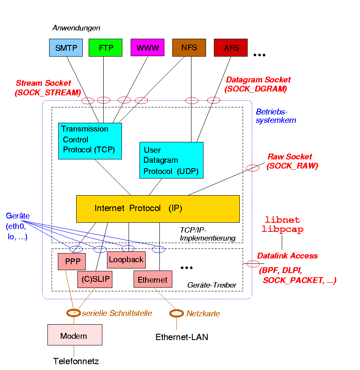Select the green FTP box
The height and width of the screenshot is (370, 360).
(x=105, y=47)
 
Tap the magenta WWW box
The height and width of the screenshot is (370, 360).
(x=147, y=47)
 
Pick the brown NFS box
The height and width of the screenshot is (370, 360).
(x=189, y=47)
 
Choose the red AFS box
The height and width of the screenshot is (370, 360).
(x=231, y=47)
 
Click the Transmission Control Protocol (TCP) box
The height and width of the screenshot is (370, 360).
(x=90, y=141)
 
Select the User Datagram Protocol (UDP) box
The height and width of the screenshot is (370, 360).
(x=171, y=160)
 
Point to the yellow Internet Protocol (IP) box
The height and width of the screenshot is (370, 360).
(x=158, y=209)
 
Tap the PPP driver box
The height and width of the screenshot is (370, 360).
(x=72, y=262)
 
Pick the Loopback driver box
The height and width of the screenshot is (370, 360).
(x=126, y=260)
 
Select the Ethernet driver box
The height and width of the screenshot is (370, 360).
(x=152, y=279)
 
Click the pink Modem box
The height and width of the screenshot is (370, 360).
(x=74, y=335)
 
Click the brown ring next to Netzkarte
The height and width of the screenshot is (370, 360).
(x=176, y=313)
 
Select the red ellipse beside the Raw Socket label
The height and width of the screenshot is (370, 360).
(x=253, y=168)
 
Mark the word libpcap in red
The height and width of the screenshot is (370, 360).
(x=283, y=229)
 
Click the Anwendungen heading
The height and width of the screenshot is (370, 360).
(x=76, y=28)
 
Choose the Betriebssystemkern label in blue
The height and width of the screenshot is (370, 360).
(x=276, y=116)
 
